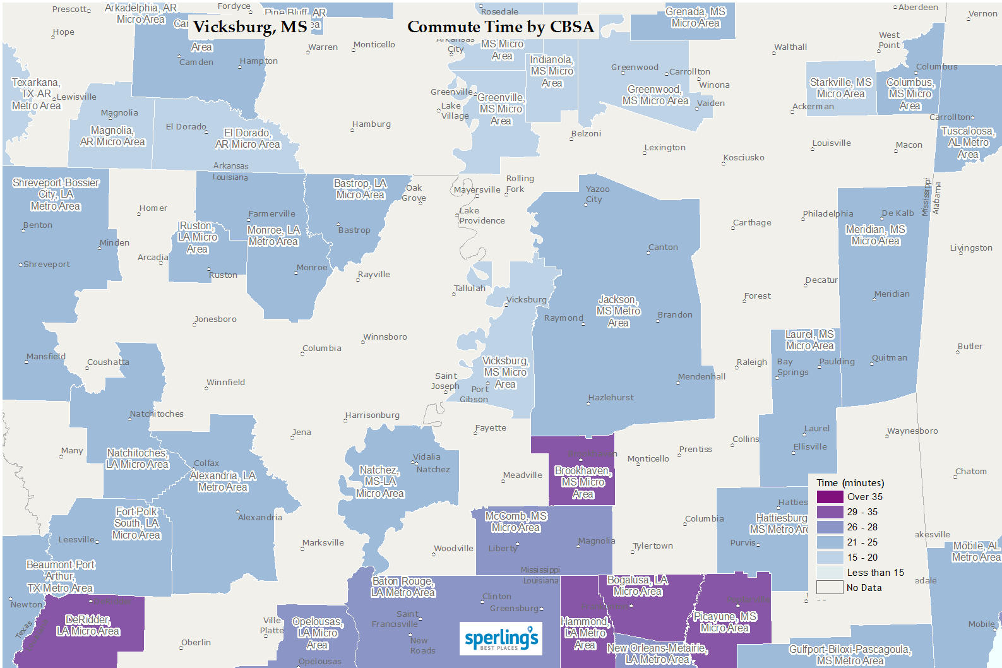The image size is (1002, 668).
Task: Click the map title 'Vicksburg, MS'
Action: [250, 27]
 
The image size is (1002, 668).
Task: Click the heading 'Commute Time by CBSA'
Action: [500, 27]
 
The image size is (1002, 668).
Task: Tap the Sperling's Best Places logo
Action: [501, 638]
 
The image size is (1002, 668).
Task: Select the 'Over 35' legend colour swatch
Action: [830, 497]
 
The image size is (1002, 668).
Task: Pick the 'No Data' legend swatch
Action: [830, 588]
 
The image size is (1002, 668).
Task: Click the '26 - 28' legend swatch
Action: [830, 527]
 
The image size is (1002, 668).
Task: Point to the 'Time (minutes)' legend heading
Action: [850, 483]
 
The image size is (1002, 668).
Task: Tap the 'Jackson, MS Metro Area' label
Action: [618, 311]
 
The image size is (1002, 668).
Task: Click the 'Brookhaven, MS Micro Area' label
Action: [583, 482]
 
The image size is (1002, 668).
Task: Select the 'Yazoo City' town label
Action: [597, 194]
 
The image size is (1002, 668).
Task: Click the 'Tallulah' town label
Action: [470, 289]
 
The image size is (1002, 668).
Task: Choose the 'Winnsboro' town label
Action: [385, 337]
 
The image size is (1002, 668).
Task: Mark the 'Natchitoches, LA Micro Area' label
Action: [137, 458]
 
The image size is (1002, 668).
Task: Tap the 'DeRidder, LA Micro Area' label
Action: [88, 625]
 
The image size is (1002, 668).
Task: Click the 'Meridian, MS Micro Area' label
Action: [875, 235]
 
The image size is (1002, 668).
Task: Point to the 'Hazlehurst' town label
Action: [611, 398]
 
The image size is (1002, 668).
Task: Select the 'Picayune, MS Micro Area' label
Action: [725, 622]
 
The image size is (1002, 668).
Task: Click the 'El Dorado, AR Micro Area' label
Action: [248, 138]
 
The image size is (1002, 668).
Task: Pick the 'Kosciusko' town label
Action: [744, 158]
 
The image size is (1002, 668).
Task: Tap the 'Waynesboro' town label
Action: [912, 431]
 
